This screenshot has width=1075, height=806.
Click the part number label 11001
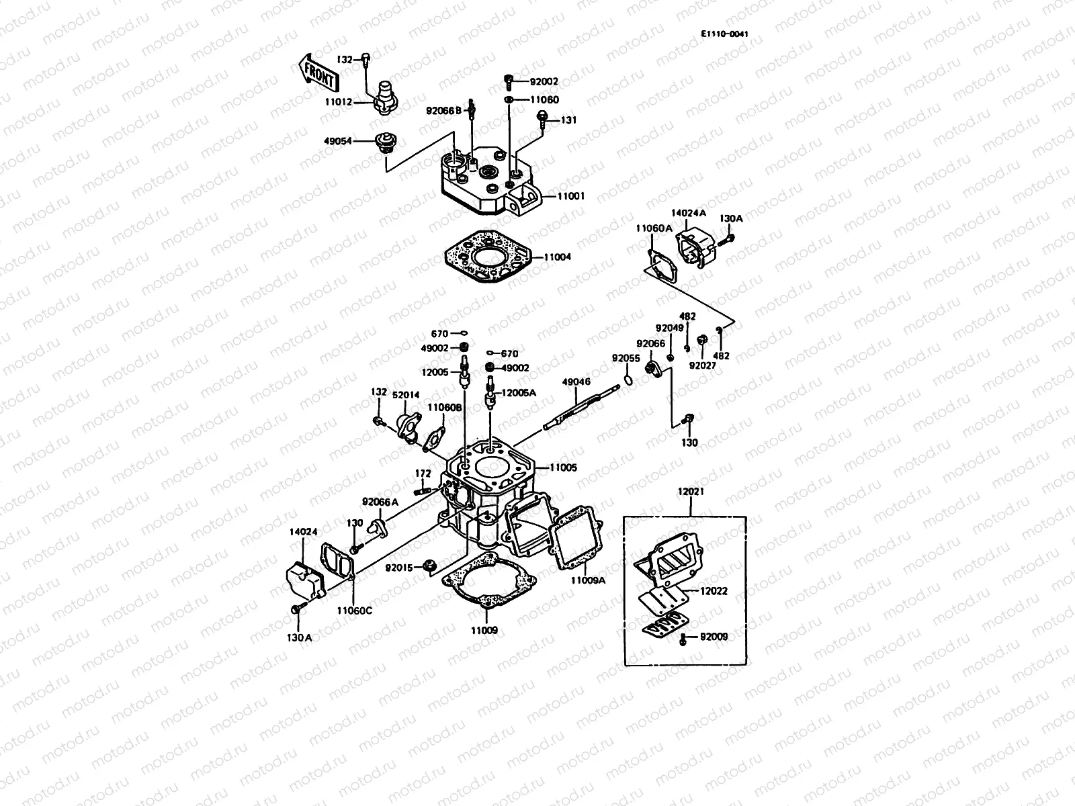(x=570, y=197)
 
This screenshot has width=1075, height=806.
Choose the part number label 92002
(x=544, y=82)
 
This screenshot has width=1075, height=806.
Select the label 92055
(x=625, y=358)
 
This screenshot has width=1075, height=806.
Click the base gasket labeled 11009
(x=488, y=584)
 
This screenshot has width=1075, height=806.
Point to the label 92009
(x=714, y=637)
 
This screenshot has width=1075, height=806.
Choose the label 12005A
(x=519, y=393)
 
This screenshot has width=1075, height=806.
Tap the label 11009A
(x=589, y=581)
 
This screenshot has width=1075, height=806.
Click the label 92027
(x=702, y=366)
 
